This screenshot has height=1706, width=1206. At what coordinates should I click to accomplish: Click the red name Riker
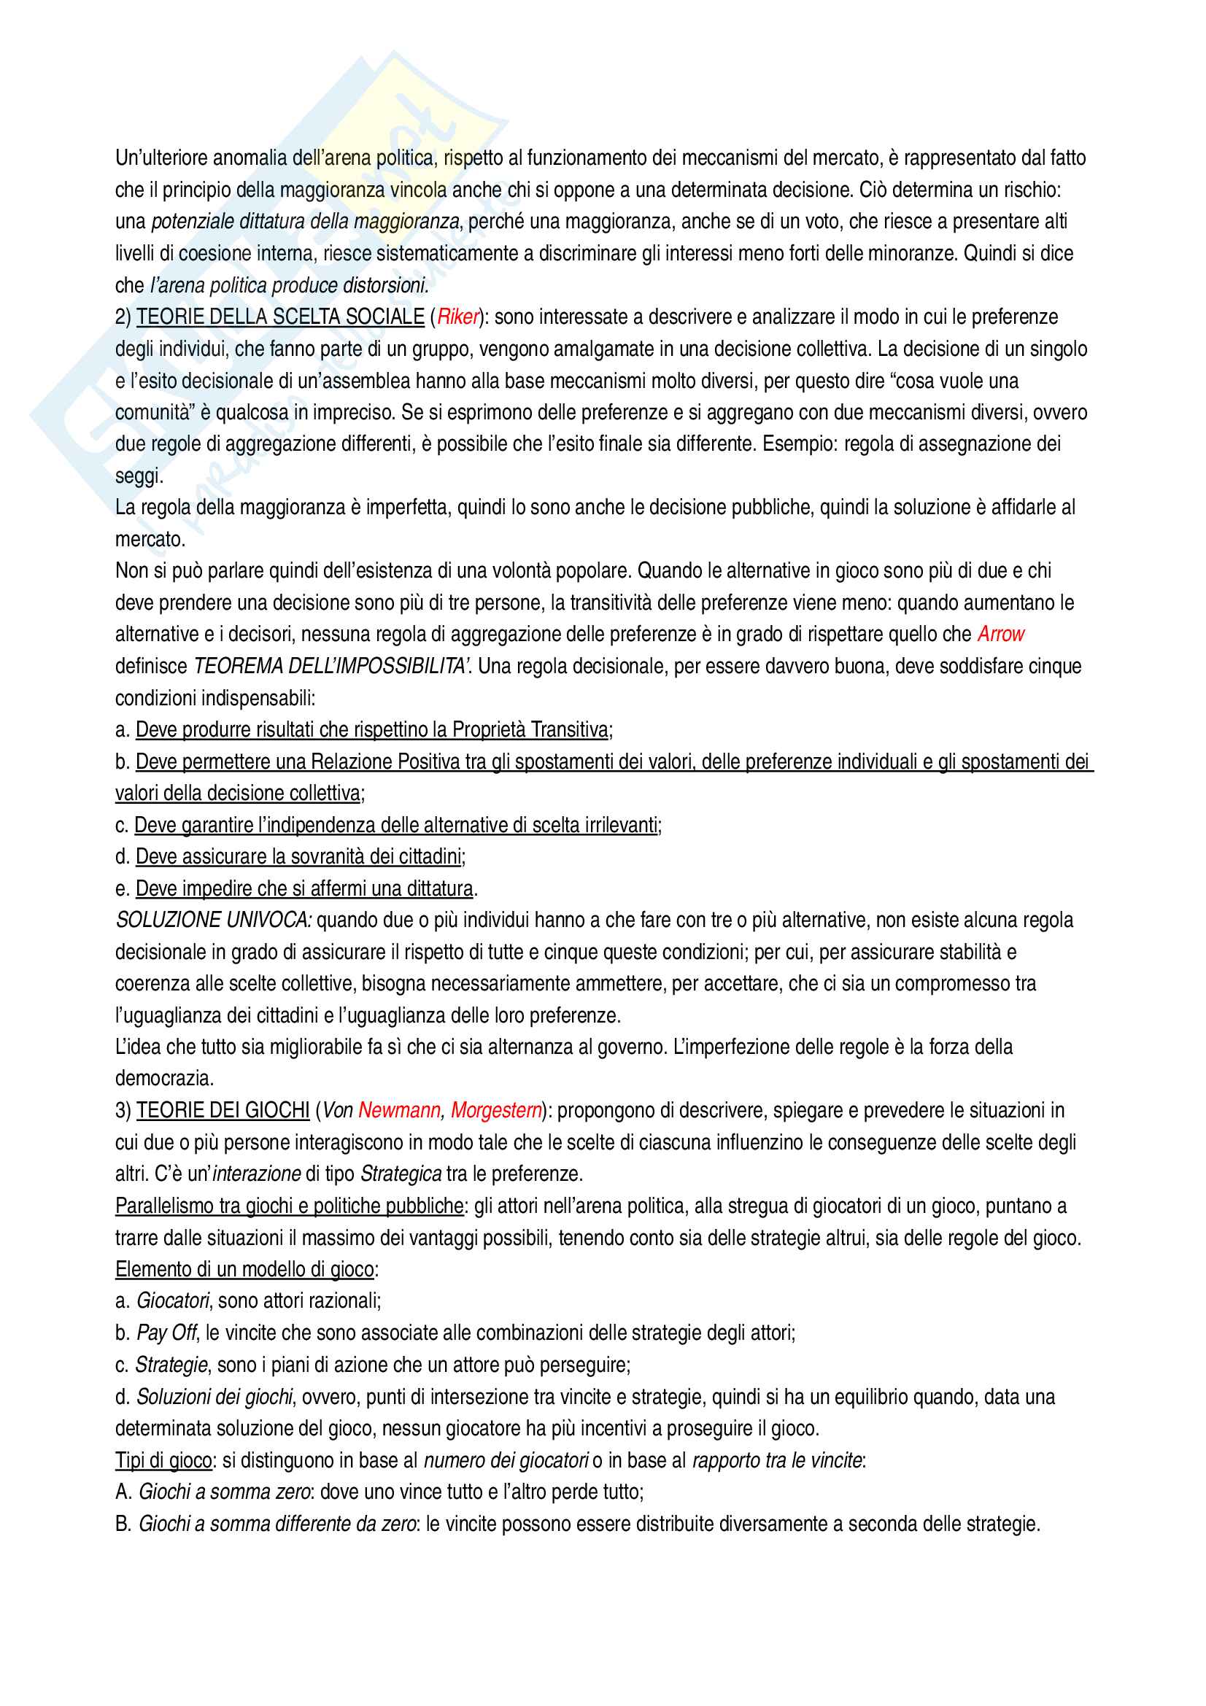tap(457, 317)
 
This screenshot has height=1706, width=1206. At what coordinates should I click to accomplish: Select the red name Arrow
tap(1000, 635)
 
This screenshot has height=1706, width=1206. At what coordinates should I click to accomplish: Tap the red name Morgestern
tap(495, 1111)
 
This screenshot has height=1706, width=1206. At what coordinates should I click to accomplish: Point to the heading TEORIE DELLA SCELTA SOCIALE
tap(280, 317)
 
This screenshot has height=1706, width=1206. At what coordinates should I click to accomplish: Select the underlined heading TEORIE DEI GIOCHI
tap(223, 1111)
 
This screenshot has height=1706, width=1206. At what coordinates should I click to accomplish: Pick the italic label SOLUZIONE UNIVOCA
tap(213, 920)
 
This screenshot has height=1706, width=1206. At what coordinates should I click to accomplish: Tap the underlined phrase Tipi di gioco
tap(163, 1461)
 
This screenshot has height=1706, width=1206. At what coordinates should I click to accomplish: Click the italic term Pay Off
tap(166, 1334)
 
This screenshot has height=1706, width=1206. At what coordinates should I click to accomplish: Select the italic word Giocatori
tap(172, 1302)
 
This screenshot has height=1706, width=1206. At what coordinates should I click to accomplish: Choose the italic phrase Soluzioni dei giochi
tap(214, 1397)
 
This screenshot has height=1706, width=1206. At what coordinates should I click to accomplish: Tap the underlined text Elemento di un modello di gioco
tap(244, 1270)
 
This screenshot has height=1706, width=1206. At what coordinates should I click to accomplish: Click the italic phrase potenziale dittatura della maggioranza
tap(305, 222)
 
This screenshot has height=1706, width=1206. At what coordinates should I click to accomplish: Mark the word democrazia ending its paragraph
tap(163, 1079)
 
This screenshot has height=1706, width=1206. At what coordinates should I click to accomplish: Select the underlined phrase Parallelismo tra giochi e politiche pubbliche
tap(289, 1206)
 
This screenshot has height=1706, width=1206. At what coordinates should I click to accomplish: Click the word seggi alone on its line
tap(138, 476)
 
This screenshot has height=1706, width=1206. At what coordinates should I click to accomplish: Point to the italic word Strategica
tap(401, 1175)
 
